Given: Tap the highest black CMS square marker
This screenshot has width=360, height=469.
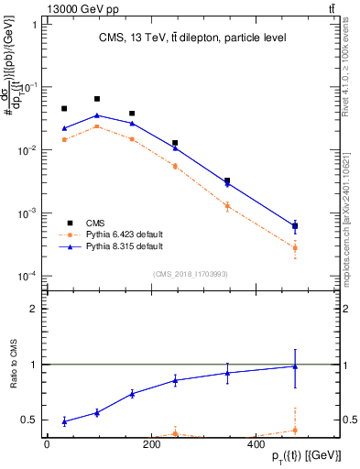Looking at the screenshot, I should (x=97, y=99).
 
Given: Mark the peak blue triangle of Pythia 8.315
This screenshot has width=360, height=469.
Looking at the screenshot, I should (x=97, y=115).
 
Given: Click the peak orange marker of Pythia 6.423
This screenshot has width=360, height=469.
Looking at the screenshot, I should (x=97, y=126).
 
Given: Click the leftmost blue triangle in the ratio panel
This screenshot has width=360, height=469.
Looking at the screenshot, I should (x=64, y=421).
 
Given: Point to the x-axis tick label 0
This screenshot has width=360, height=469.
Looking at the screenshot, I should (x=47, y=444).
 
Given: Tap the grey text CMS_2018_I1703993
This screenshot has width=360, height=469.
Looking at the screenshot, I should (x=191, y=273).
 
